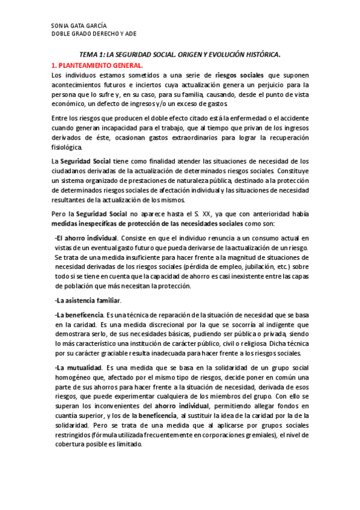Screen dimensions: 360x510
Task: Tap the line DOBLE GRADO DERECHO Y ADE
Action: pyautogui.click(x=94, y=34)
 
